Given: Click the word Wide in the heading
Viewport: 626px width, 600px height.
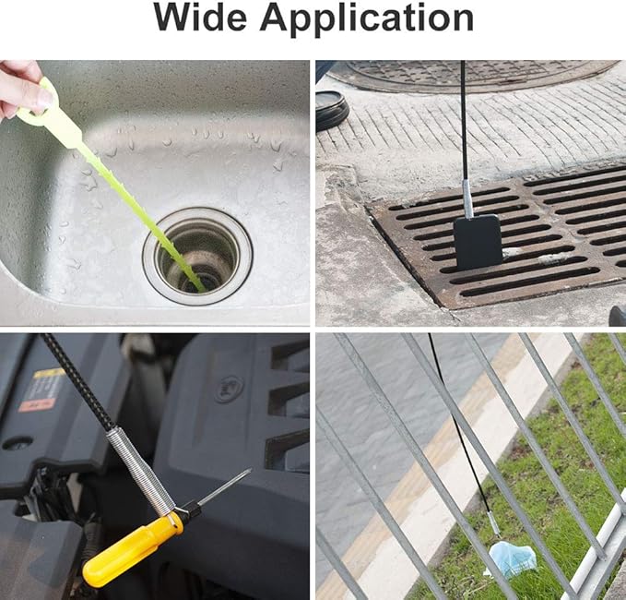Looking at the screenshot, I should (205, 18).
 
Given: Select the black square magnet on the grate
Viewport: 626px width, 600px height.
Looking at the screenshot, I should (478, 241).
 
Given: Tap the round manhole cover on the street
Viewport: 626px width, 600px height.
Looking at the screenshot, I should (470, 73).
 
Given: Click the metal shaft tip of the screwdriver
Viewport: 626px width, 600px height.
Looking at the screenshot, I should (226, 486).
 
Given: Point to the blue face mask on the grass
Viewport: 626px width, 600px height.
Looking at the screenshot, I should (512, 558).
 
